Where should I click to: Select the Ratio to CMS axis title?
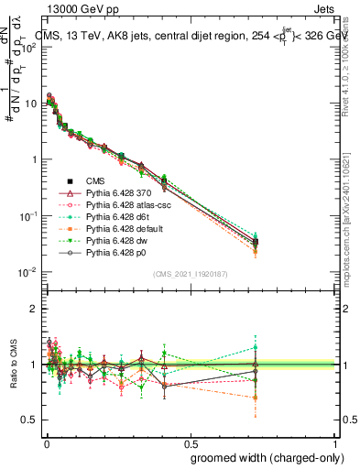pyautogui.click(x=12, y=365)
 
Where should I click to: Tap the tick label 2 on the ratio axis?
pyautogui.click(x=33, y=309)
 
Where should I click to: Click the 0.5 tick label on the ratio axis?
pyautogui.click(x=29, y=420)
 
